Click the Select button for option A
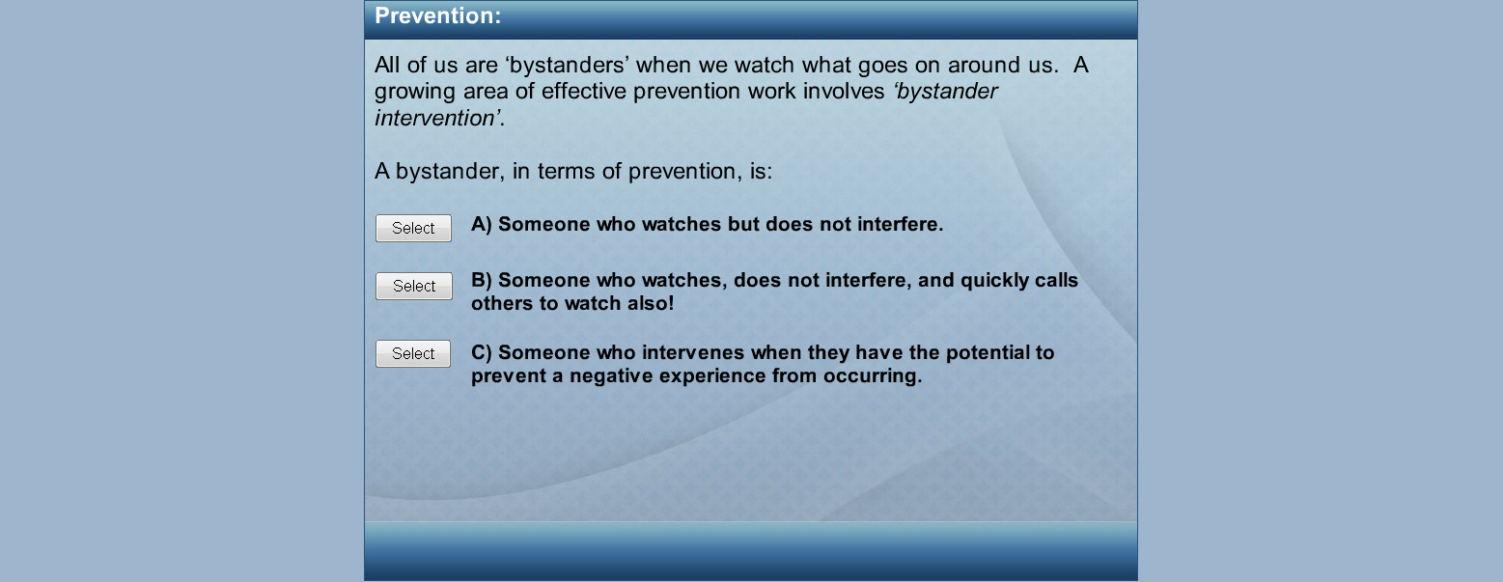(413, 228)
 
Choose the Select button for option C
(413, 353)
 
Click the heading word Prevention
(437, 15)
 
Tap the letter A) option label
(481, 224)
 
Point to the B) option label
(481, 280)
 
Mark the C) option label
(481, 352)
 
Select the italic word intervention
(437, 118)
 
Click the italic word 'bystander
(945, 91)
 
